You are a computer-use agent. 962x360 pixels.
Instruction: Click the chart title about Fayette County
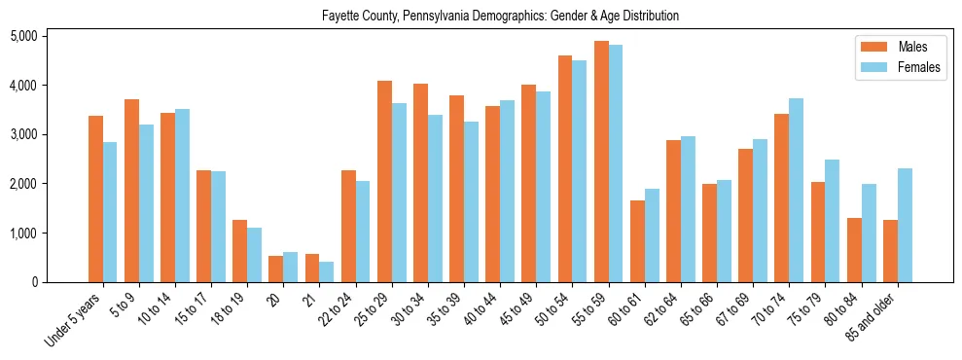click(x=500, y=17)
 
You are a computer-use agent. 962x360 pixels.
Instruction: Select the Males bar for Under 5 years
click(x=95, y=199)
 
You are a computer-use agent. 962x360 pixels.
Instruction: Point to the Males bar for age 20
click(x=275, y=270)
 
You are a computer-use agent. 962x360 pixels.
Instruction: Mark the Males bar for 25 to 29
click(x=384, y=182)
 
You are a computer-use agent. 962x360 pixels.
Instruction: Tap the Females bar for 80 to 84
click(x=869, y=234)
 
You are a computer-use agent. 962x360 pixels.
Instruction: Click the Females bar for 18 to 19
click(x=254, y=255)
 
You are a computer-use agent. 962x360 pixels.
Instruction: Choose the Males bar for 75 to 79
click(x=818, y=233)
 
